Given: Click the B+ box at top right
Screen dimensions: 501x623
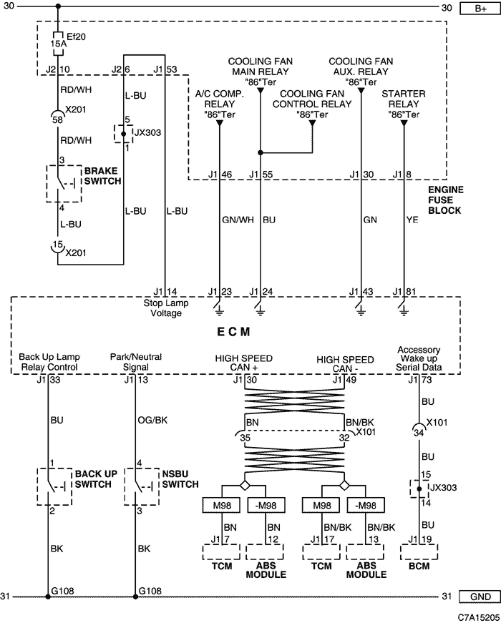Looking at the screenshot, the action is (x=480, y=9).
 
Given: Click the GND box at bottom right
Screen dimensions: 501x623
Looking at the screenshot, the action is (x=480, y=597).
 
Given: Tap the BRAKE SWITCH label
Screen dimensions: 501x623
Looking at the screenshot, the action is (x=102, y=176).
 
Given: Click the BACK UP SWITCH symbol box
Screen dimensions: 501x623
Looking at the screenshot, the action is (x=54, y=486).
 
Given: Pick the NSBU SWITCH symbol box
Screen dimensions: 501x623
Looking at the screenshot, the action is (x=142, y=486).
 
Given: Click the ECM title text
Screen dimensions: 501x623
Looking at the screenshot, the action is (x=233, y=332).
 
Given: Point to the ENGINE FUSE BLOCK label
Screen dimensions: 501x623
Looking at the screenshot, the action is (x=446, y=200).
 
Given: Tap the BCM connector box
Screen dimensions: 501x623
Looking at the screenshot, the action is (x=419, y=552).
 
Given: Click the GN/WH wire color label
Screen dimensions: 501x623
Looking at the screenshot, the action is (x=238, y=220).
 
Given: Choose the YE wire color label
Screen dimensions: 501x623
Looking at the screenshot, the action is (x=412, y=220).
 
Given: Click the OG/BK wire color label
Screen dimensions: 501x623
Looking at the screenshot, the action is (x=152, y=420).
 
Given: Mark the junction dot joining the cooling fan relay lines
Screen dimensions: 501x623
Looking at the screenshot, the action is (x=261, y=152).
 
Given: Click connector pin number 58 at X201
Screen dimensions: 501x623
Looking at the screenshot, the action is (x=58, y=119).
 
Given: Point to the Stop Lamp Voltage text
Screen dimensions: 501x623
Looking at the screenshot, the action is (x=166, y=308).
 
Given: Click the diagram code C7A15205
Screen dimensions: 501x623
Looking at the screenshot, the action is (x=479, y=617).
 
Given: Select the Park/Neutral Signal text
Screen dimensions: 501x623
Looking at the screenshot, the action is (x=135, y=362).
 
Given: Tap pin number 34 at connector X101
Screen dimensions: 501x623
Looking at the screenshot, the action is (x=419, y=433).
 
